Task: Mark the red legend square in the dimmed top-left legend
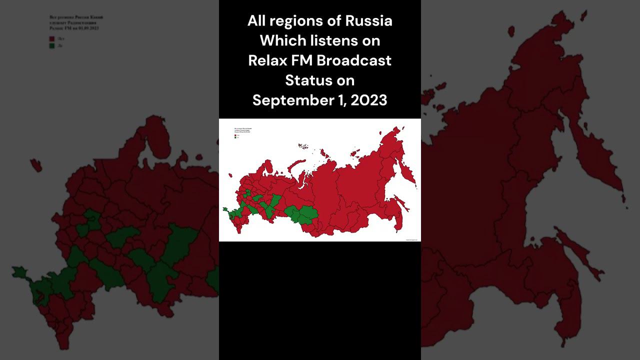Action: coord(51,38)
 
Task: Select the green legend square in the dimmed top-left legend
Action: coord(51,45)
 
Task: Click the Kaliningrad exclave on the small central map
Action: coord(230,175)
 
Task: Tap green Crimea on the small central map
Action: coord(225,210)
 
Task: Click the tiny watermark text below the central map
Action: coord(411,239)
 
